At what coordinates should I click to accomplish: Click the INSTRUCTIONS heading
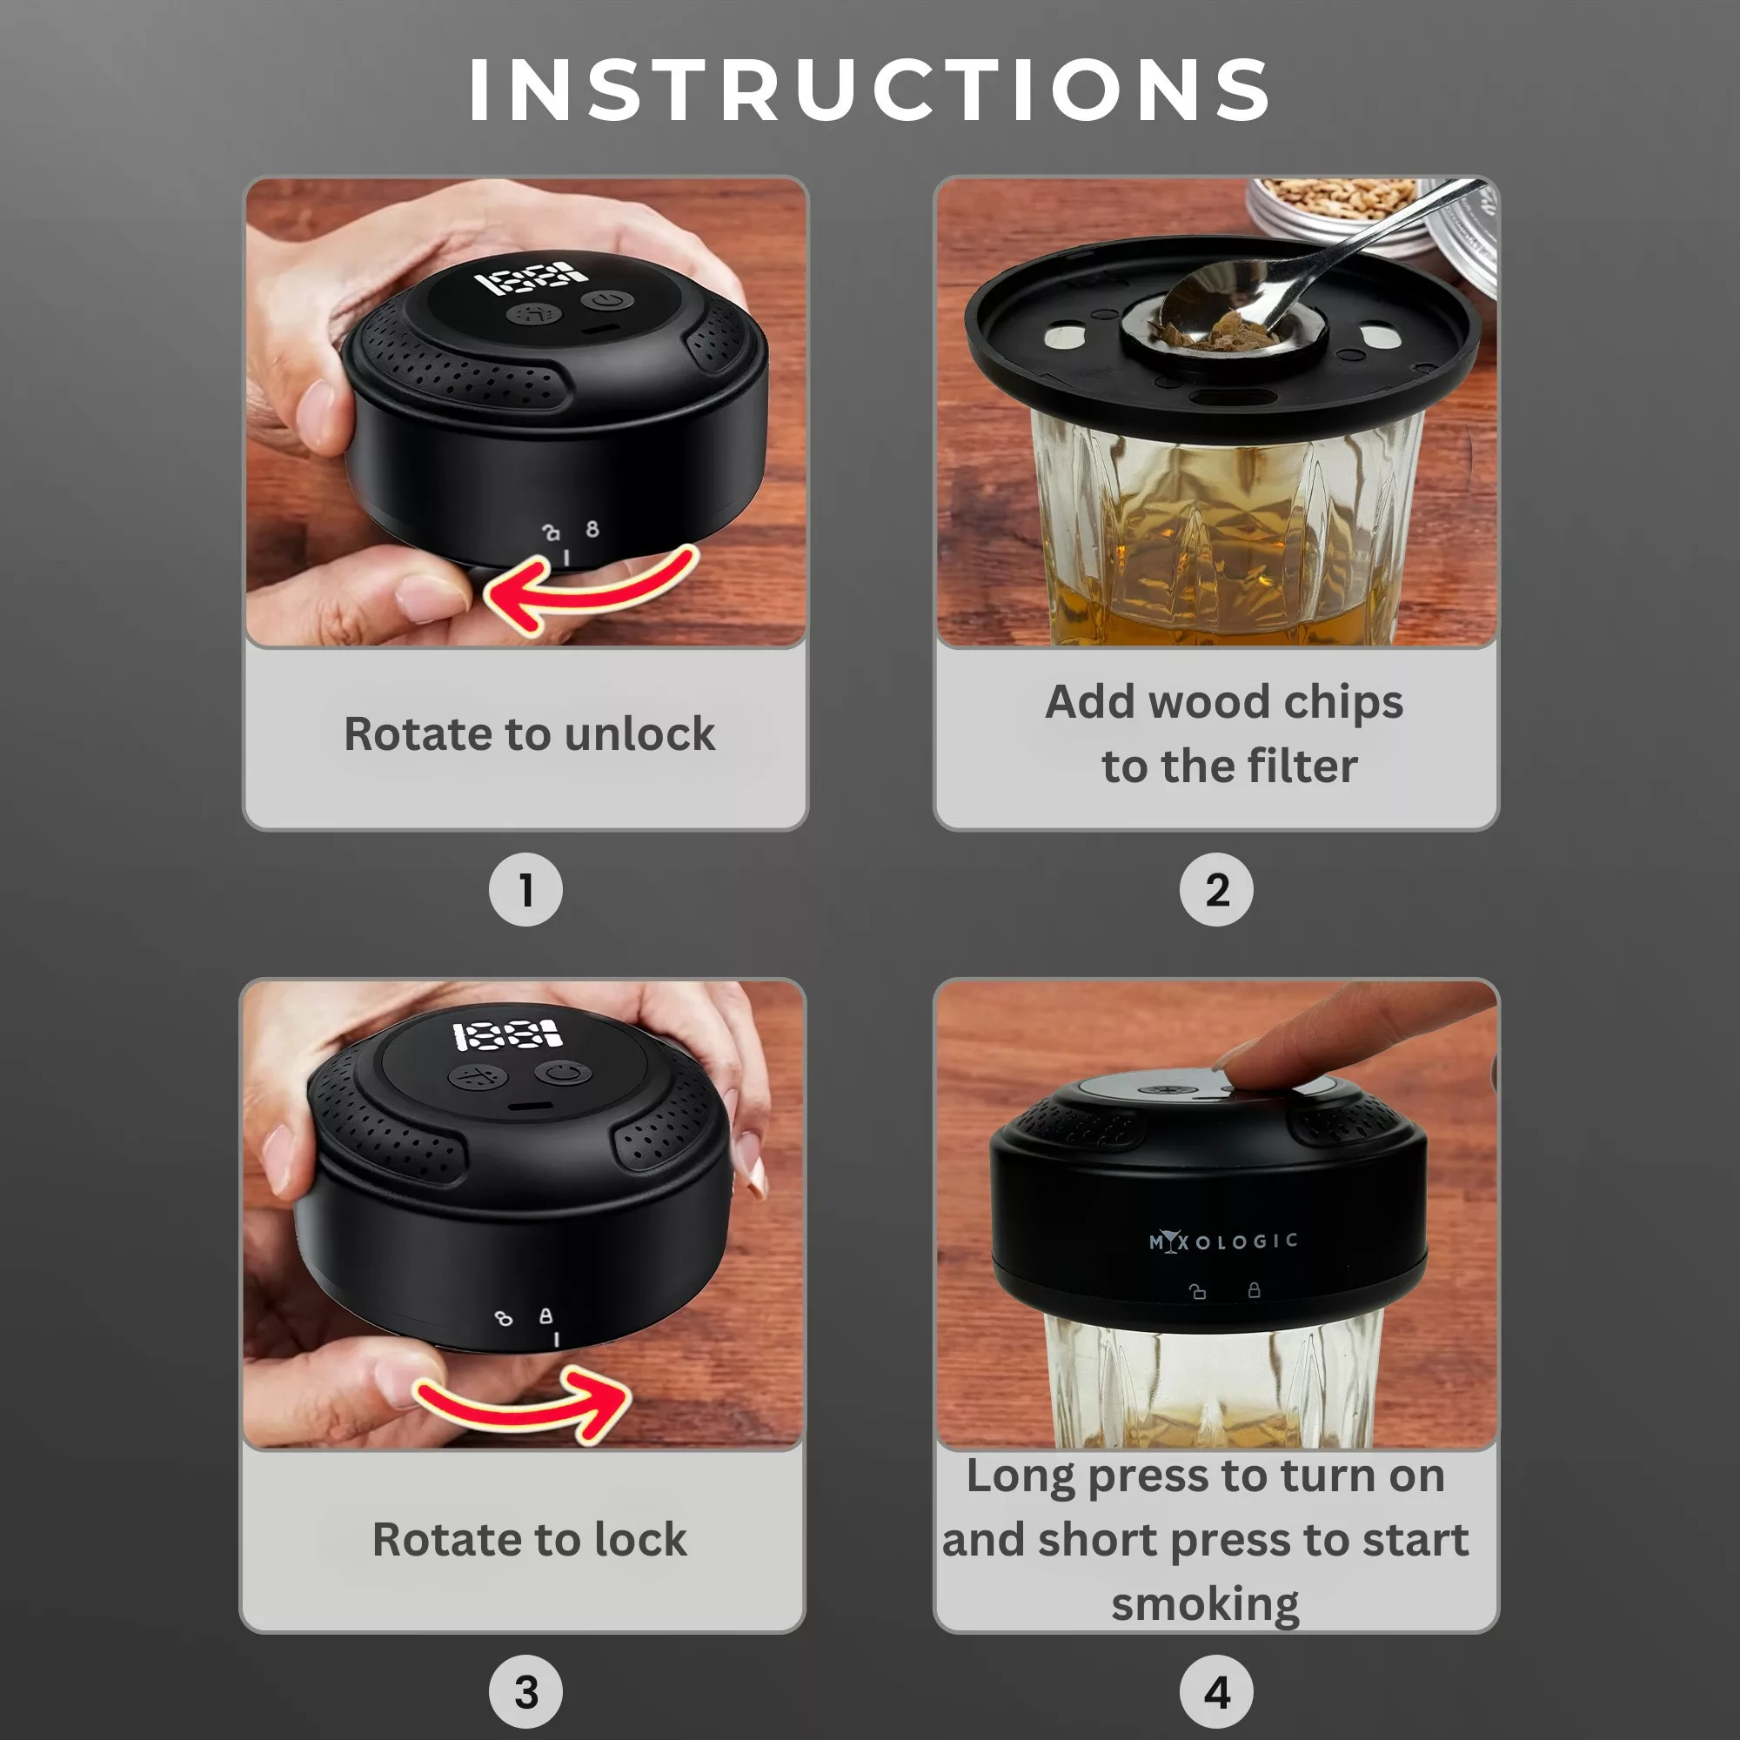tap(869, 90)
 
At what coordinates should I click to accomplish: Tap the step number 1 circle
tap(525, 890)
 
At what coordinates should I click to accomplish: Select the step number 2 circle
tap(1216, 890)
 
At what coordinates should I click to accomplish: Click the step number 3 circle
tap(525, 1691)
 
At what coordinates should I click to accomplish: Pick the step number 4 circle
tap(1216, 1691)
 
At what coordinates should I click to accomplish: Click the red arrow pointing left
tap(586, 590)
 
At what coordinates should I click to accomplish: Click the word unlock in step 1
tap(639, 734)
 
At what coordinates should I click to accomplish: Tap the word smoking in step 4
tap(1204, 1604)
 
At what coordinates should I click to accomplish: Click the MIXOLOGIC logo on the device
tap(1222, 1242)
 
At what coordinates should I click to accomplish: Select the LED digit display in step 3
tap(506, 1034)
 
